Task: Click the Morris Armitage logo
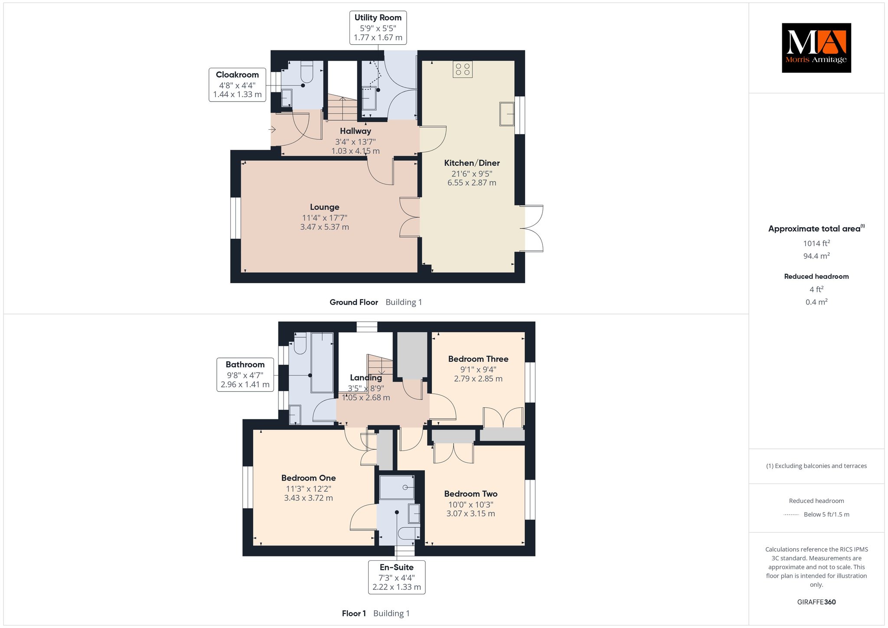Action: click(x=816, y=48)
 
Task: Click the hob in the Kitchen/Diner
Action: click(x=463, y=69)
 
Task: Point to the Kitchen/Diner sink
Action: click(x=507, y=114)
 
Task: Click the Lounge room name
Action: click(x=325, y=207)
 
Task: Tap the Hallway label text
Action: click(x=356, y=131)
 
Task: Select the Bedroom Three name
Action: click(x=478, y=359)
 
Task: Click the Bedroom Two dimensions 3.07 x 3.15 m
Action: click(x=470, y=514)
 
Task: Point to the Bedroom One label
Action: click(x=308, y=478)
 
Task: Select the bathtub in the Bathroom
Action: click(x=322, y=363)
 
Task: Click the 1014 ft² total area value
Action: click(x=816, y=243)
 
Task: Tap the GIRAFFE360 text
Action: click(x=816, y=602)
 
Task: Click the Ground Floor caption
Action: click(x=354, y=302)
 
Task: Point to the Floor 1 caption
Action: click(x=354, y=613)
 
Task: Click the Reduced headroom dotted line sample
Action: click(x=791, y=515)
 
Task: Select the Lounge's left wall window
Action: click(x=235, y=218)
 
